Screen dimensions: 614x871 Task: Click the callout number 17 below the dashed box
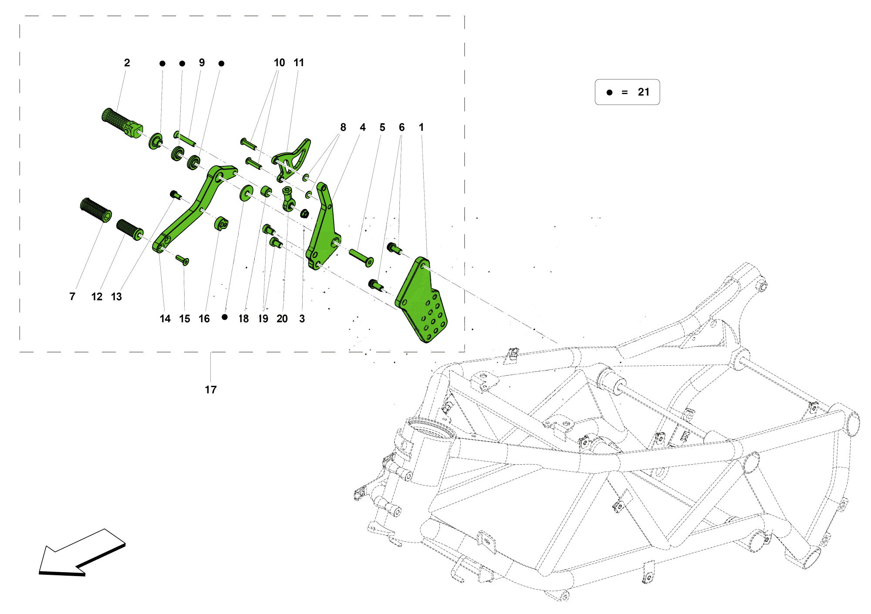tap(211, 390)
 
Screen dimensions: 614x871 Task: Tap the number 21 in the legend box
tap(643, 92)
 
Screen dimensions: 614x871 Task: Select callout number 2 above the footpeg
tap(127, 63)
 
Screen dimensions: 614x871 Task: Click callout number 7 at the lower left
tap(72, 297)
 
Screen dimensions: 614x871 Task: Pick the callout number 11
tap(299, 63)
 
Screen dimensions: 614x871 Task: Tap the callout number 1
tap(421, 128)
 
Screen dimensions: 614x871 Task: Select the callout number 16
tap(204, 319)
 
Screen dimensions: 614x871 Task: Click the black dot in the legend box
tap(609, 92)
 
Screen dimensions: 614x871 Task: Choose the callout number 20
tap(282, 319)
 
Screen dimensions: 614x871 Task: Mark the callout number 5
tap(382, 128)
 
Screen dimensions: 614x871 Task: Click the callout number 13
tap(116, 297)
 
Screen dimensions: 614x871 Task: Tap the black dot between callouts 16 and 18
tap(225, 317)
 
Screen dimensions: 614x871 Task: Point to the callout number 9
tap(202, 63)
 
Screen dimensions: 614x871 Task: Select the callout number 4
tap(363, 128)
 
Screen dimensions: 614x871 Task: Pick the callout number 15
tap(185, 319)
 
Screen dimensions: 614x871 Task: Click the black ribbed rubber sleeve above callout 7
tap(96, 210)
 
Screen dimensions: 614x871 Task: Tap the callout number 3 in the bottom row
tap(302, 319)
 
